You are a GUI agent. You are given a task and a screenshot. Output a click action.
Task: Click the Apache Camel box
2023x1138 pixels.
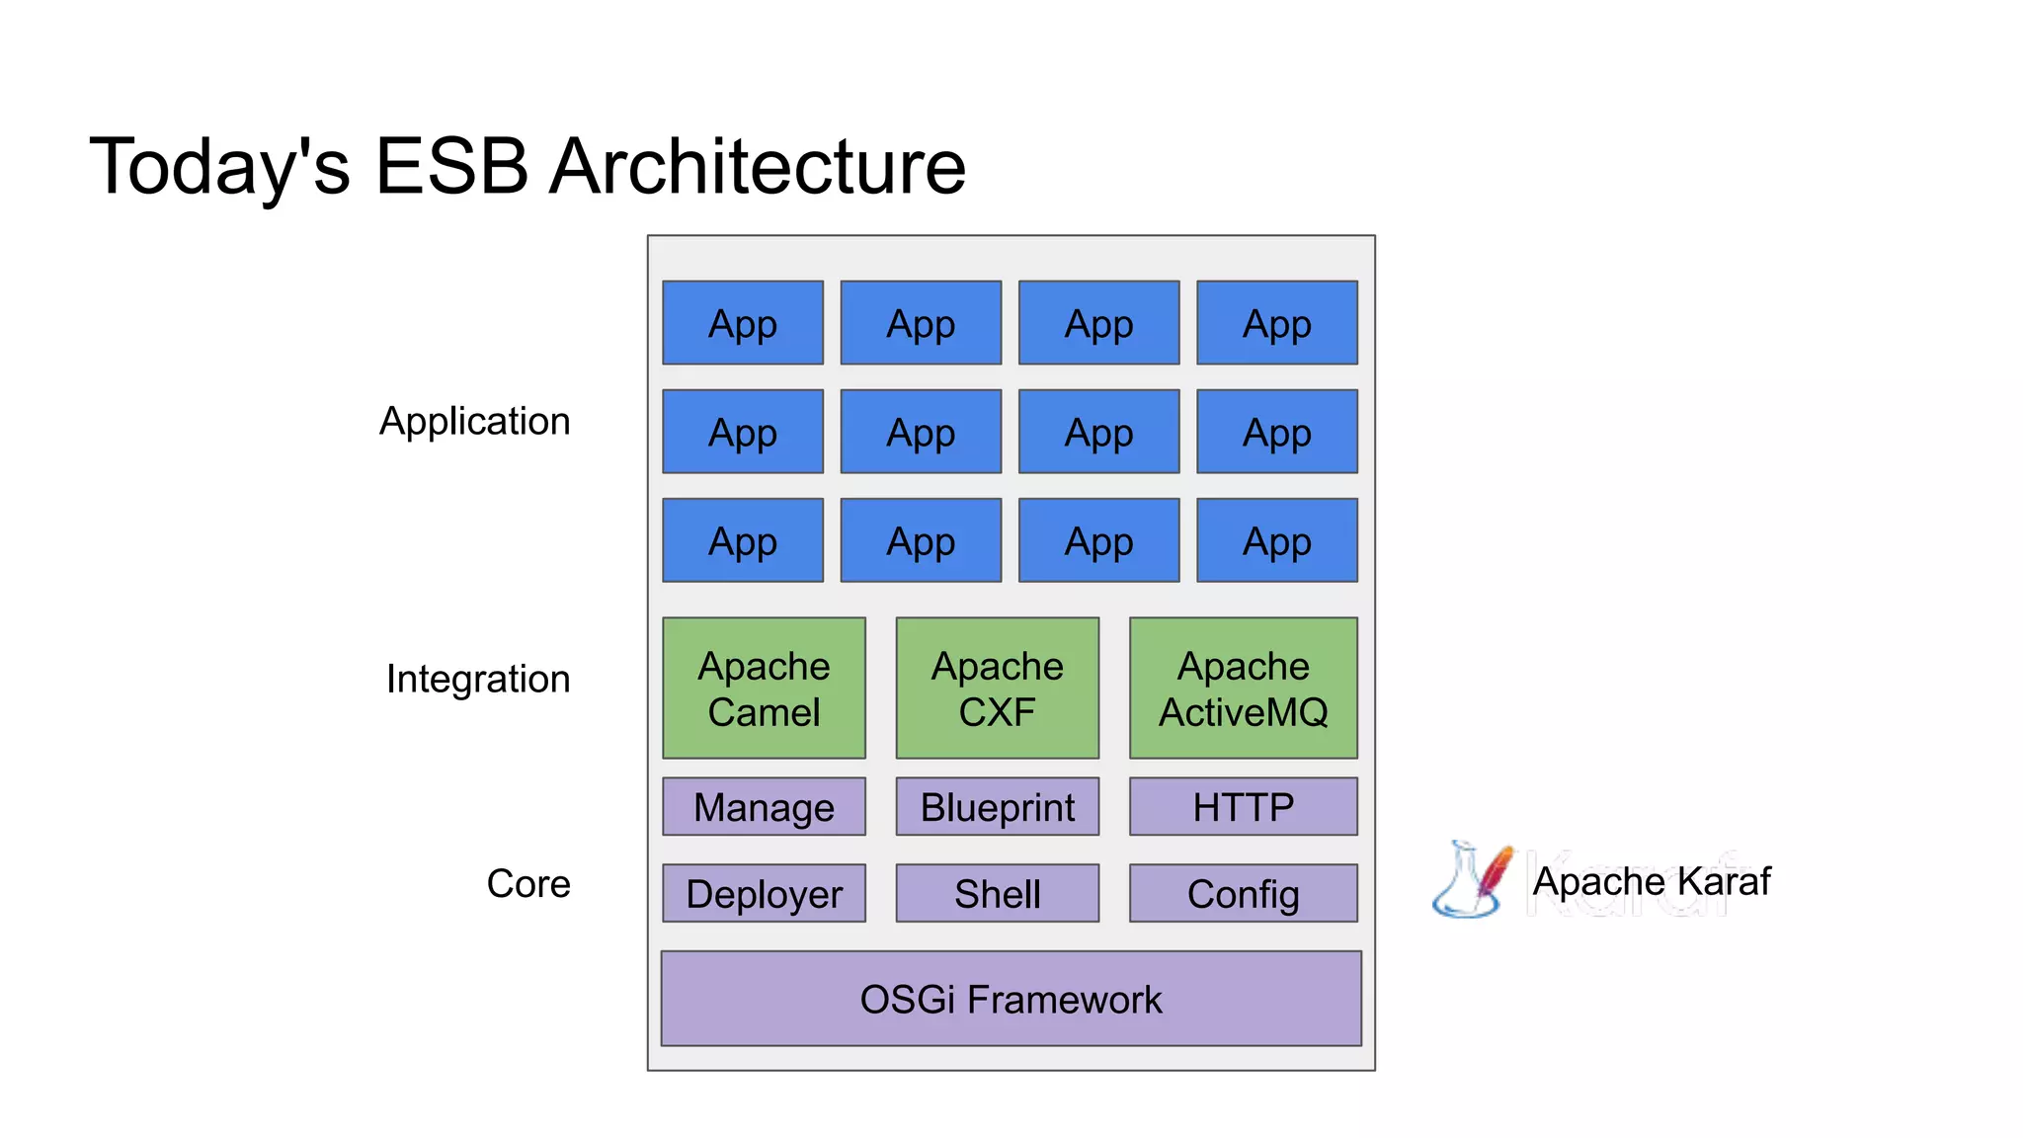tap(764, 689)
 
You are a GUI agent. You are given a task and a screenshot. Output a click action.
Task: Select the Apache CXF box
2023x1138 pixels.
tap(997, 689)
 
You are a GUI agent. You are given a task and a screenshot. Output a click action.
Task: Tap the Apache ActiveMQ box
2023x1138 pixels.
tap(1243, 689)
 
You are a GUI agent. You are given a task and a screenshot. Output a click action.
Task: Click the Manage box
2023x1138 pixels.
tap(764, 807)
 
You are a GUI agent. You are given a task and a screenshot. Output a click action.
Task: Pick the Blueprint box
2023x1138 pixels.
tap(997, 807)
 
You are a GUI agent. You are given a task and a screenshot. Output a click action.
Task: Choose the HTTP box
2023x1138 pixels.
tap(1243, 807)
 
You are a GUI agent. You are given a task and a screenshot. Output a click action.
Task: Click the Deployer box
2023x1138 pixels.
tap(764, 894)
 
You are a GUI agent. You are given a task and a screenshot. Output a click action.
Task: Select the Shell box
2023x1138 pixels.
tap(997, 894)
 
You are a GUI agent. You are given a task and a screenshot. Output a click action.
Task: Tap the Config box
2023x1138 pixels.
tap(1243, 894)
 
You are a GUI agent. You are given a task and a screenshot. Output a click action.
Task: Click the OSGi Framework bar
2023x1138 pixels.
tap(1011, 999)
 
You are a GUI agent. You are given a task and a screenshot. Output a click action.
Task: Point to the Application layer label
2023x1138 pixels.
tap(474, 422)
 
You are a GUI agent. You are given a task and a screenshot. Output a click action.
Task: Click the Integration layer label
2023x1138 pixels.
tap(478, 680)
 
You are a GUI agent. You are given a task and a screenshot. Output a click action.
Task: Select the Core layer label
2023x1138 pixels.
tap(528, 883)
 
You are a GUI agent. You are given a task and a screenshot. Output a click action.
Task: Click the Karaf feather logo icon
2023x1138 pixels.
tap(1473, 879)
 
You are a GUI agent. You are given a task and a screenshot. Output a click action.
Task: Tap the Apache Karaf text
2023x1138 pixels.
tap(1651, 881)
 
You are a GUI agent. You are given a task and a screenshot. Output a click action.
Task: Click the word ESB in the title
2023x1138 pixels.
tap(451, 166)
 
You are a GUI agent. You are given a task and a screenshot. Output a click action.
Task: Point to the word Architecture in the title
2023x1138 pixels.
tap(757, 166)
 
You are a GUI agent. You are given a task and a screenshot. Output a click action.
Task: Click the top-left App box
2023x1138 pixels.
tap(743, 323)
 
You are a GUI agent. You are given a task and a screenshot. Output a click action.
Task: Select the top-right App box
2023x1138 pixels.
tap(1276, 323)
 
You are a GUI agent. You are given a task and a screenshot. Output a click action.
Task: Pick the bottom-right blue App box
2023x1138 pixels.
tap(1276, 540)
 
